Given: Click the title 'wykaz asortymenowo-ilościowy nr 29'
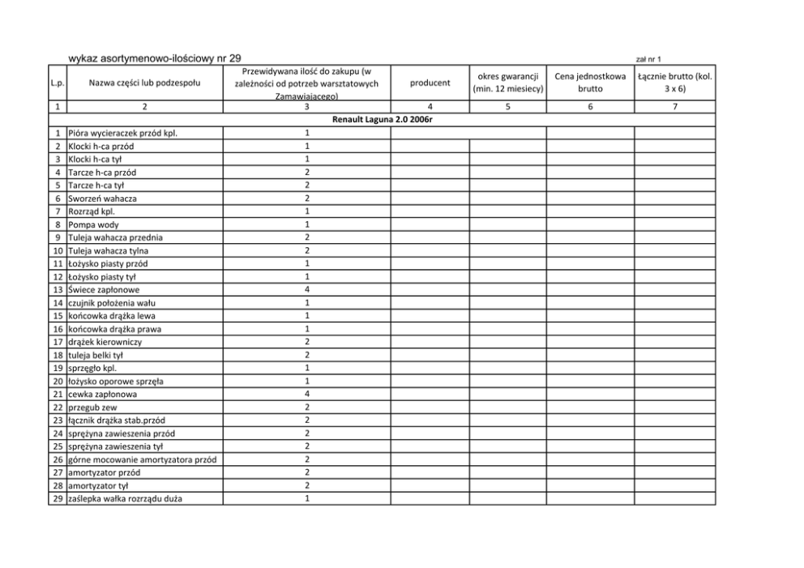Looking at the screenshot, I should coord(155,58).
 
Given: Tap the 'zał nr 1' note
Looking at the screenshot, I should coord(648,59).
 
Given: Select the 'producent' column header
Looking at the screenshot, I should coord(430,82).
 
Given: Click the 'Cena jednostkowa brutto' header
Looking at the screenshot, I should coord(589,82).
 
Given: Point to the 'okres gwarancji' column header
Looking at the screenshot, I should coord(507,82).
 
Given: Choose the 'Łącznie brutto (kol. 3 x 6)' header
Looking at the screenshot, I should coord(674,82).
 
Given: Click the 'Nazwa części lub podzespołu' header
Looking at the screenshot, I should coord(143,82).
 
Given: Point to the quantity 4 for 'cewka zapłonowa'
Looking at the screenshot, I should coord(306,394).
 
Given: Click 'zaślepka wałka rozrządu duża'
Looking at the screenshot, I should coord(125,498).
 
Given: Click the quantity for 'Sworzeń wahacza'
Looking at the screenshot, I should coord(306,199).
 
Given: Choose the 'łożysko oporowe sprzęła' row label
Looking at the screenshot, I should coord(114,381).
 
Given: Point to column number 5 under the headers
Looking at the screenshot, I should coord(507,106).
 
